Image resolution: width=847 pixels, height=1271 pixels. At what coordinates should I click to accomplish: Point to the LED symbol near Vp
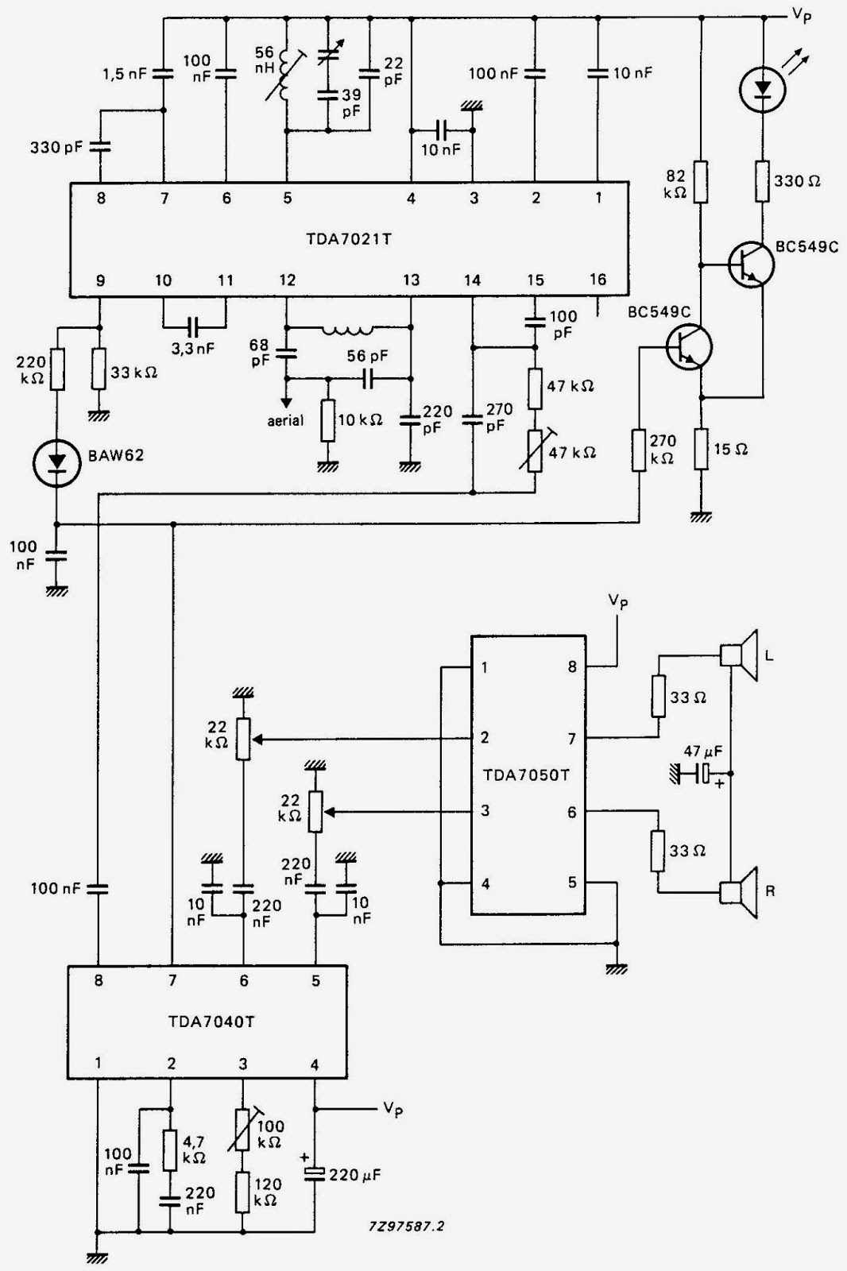click(x=762, y=88)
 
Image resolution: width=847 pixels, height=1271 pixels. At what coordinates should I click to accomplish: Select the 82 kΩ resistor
click(x=701, y=182)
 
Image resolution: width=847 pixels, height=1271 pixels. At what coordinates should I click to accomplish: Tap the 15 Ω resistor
click(x=701, y=449)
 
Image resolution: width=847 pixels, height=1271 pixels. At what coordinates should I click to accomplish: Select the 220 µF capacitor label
click(x=355, y=1175)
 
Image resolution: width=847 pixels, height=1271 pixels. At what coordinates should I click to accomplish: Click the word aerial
click(x=284, y=420)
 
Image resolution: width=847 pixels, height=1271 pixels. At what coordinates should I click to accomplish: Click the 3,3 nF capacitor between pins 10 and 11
click(x=193, y=326)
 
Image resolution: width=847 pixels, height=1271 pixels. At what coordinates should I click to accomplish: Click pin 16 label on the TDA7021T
click(x=598, y=280)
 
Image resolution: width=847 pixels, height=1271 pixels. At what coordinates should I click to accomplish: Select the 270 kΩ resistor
click(x=640, y=450)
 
